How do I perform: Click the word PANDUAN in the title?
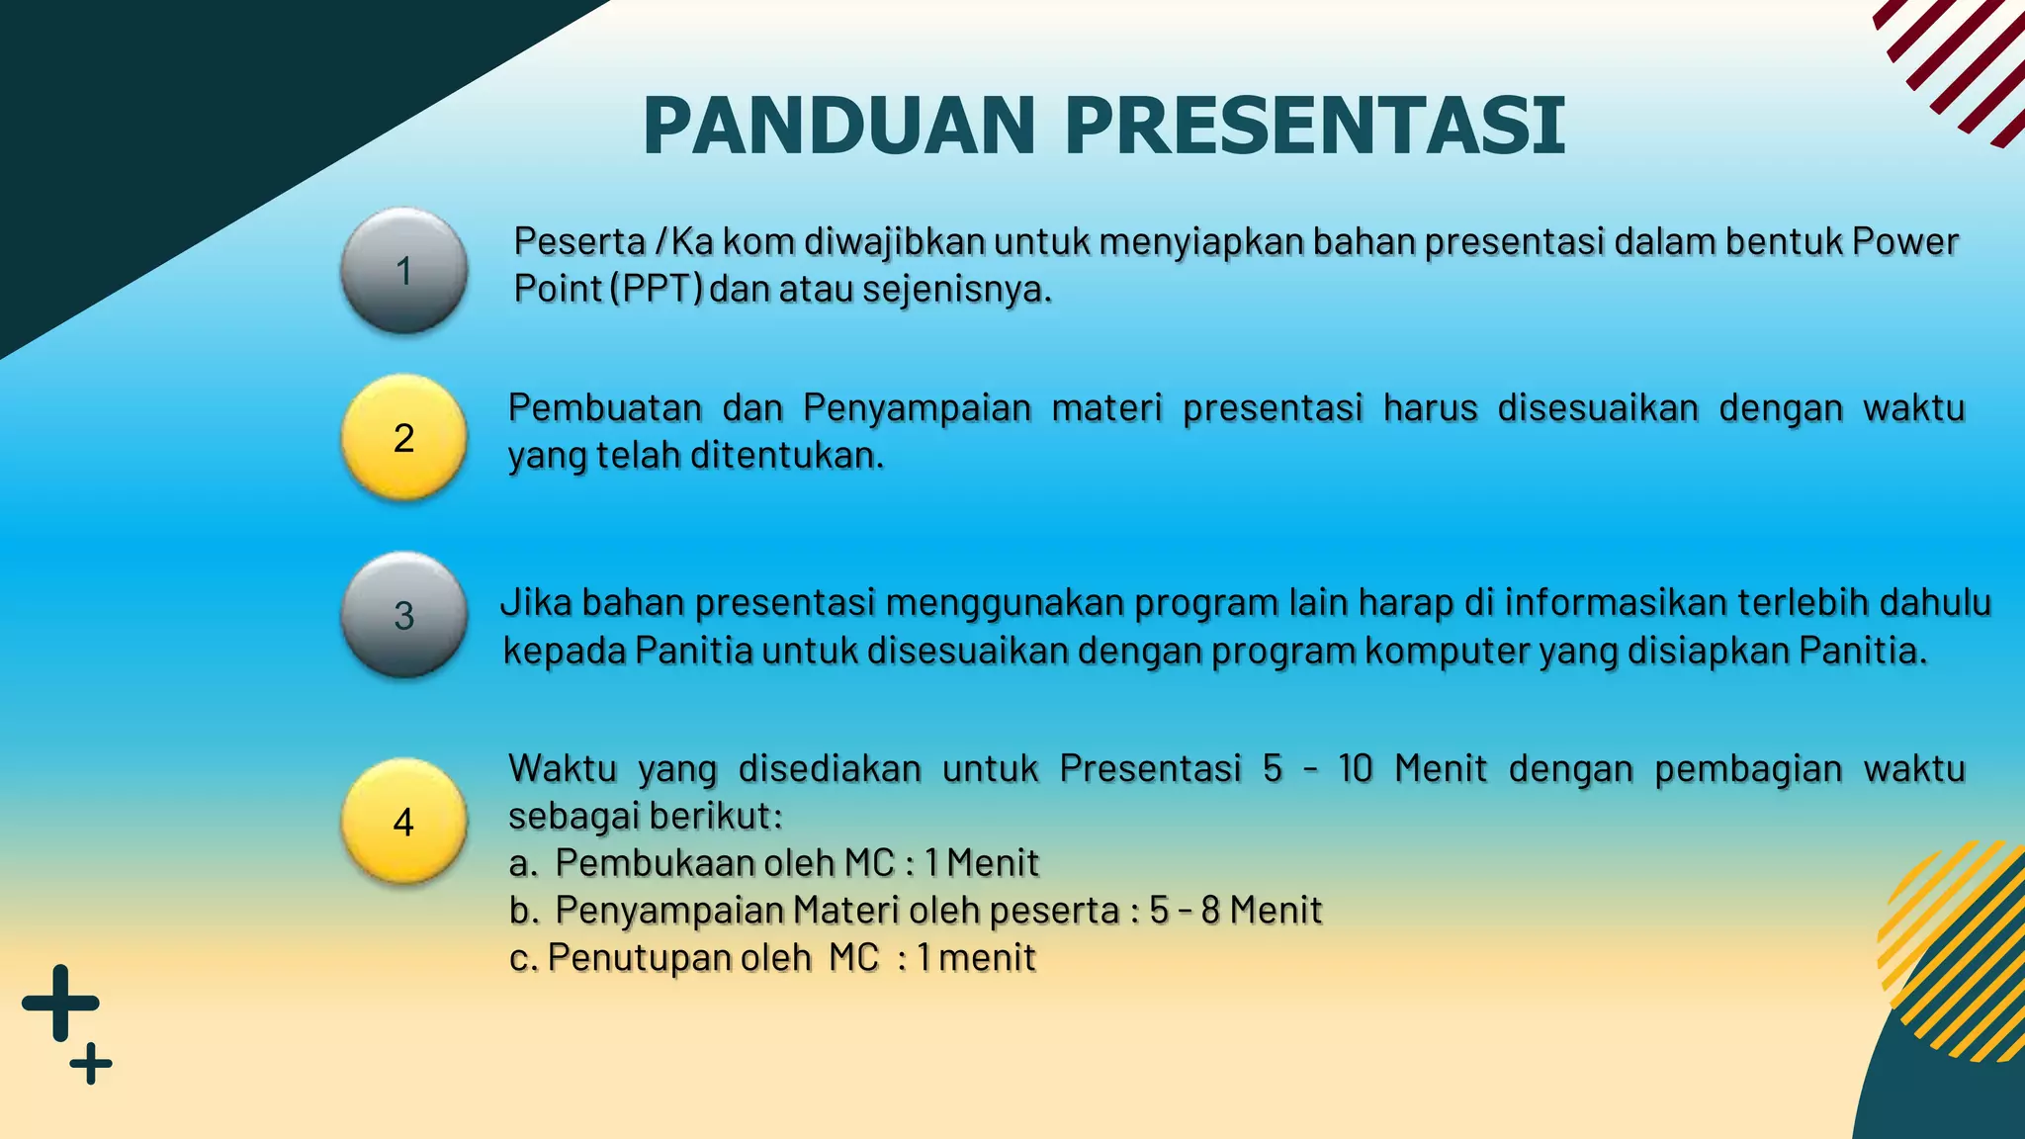pyautogui.click(x=838, y=126)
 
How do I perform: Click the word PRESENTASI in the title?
pyautogui.click(x=1314, y=126)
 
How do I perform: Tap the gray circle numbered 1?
pyautogui.click(x=403, y=270)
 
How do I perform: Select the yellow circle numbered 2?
pyautogui.click(x=403, y=437)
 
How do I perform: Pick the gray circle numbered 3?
pyautogui.click(x=403, y=615)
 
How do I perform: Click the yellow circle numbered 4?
pyautogui.click(x=403, y=822)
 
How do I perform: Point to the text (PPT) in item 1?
pyautogui.click(x=656, y=289)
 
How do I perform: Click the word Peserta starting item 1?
pyautogui.click(x=578, y=241)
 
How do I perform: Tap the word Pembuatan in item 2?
pyautogui.click(x=605, y=407)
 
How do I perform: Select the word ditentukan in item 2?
pyautogui.click(x=785, y=456)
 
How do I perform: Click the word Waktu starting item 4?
pyautogui.click(x=563, y=768)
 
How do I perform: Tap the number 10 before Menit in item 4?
pyautogui.click(x=1356, y=768)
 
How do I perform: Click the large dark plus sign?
pyautogui.click(x=60, y=1003)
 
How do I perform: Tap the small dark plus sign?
pyautogui.click(x=91, y=1064)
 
